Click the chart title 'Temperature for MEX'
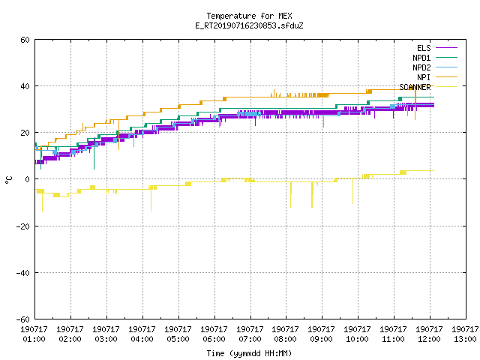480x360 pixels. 249,16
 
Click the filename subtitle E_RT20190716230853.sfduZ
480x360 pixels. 249,25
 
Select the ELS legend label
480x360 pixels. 424,48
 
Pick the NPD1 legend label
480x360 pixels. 421,58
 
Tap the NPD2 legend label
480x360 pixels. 421,67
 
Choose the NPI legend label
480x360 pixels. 424,77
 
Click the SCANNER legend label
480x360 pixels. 415,87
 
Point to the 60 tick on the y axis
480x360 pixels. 25,40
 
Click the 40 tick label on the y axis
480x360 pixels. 25,86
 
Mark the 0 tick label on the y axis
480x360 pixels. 28,179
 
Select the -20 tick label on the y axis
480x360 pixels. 23,226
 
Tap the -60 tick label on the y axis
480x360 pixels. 23,319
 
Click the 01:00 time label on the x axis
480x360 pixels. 34,339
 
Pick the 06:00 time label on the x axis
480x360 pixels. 214,339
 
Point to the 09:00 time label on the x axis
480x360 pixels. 321,339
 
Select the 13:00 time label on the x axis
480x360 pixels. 465,339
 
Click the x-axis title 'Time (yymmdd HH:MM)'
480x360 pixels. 249,353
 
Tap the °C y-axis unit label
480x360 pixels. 8,180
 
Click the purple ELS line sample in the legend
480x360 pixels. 446,48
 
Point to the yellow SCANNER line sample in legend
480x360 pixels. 446,87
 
